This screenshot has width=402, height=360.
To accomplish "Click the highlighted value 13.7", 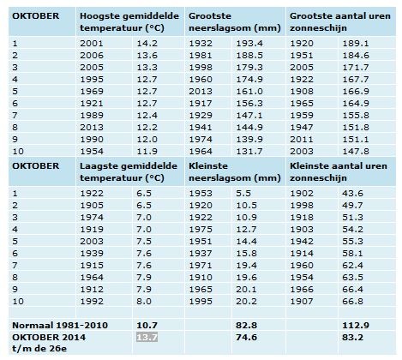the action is (147, 338).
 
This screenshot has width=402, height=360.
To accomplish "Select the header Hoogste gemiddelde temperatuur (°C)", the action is (129, 22).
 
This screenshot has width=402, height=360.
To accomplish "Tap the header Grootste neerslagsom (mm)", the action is (235, 22).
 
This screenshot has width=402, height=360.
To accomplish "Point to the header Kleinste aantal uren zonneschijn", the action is (339, 172).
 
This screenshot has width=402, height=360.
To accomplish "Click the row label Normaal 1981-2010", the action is (60, 326).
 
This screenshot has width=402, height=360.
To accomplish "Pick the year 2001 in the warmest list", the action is (92, 44).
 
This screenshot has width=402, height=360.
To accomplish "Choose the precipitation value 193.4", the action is (249, 44).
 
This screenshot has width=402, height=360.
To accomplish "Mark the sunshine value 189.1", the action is (356, 44).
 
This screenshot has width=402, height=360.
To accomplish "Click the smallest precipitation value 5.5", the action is (243, 194).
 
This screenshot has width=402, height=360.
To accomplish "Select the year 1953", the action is (201, 194).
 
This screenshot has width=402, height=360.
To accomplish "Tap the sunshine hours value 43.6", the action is (352, 194).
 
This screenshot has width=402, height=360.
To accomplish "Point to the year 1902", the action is (302, 194).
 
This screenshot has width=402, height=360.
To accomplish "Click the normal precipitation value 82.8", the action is (247, 326).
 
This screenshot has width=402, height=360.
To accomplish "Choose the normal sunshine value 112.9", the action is (356, 326).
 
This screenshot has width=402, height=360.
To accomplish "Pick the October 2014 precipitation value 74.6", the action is (247, 338).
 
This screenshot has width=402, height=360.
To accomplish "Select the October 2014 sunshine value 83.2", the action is (352, 338).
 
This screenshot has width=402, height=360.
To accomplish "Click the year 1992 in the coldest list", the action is (92, 302).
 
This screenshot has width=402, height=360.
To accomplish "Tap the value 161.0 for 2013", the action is (249, 92).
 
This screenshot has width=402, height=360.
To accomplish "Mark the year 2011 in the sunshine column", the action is (302, 140).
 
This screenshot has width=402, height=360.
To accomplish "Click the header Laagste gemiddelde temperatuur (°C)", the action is (129, 172).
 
